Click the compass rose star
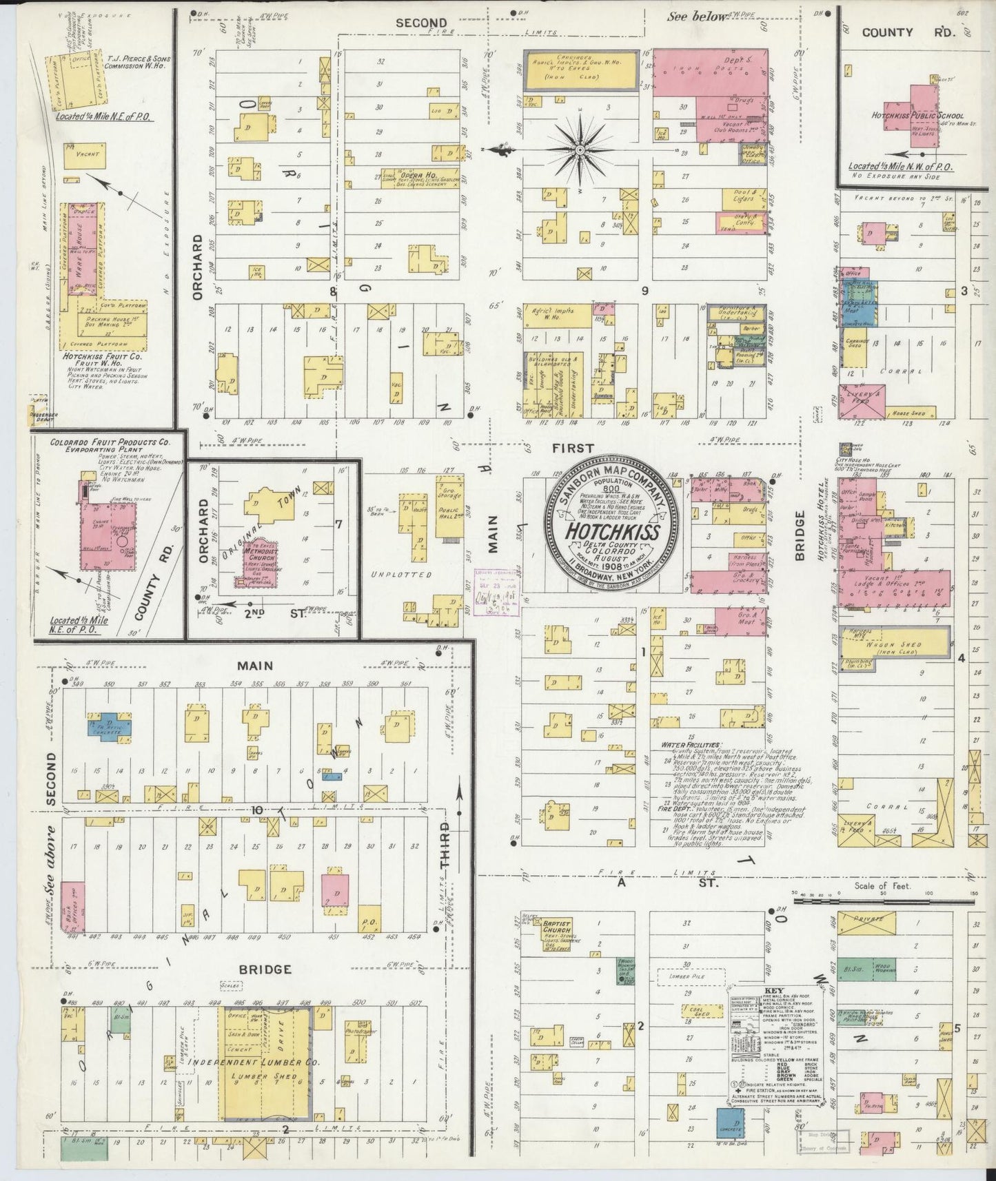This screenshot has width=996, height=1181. pyautogui.click(x=580, y=149)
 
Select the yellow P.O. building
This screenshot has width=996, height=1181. pyautogui.click(x=367, y=922)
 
